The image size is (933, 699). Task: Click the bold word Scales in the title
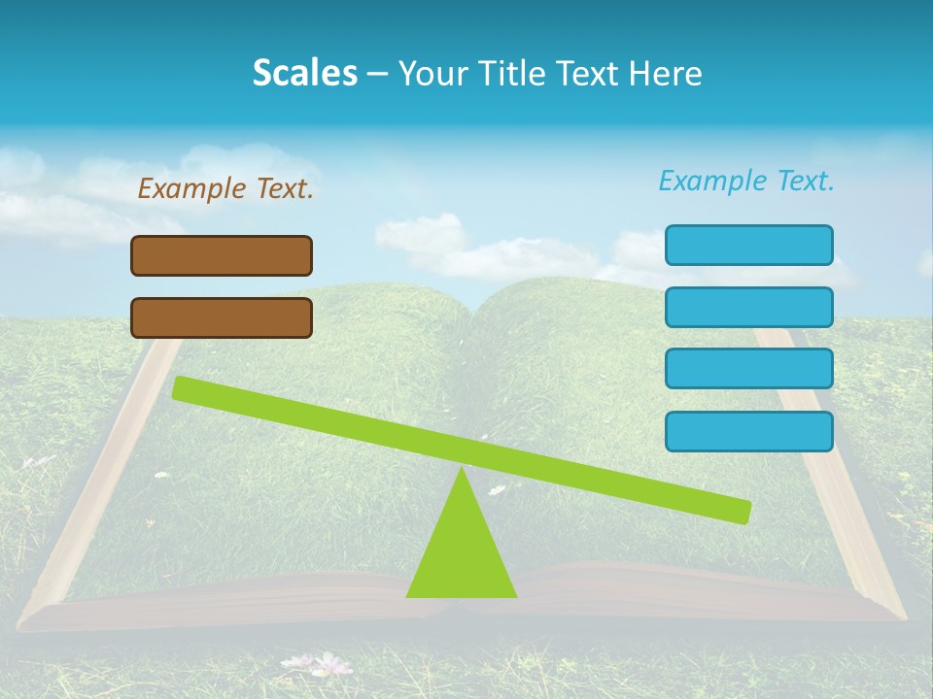(x=304, y=73)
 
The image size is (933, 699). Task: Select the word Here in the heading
(x=666, y=73)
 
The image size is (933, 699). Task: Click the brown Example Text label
(x=225, y=188)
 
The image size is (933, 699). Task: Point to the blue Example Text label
(x=746, y=181)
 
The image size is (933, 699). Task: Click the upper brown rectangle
(x=222, y=255)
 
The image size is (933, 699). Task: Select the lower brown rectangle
(x=222, y=317)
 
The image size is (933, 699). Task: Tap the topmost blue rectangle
(x=748, y=245)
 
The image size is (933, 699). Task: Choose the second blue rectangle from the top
(x=748, y=307)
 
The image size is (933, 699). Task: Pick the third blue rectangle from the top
(x=748, y=369)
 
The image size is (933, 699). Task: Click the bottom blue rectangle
(x=748, y=431)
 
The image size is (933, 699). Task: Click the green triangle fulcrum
(x=462, y=553)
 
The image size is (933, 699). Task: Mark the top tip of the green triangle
(x=462, y=470)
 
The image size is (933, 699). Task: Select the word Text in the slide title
(x=593, y=73)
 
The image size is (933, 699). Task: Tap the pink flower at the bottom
(x=331, y=664)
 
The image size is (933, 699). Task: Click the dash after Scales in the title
(x=378, y=73)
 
